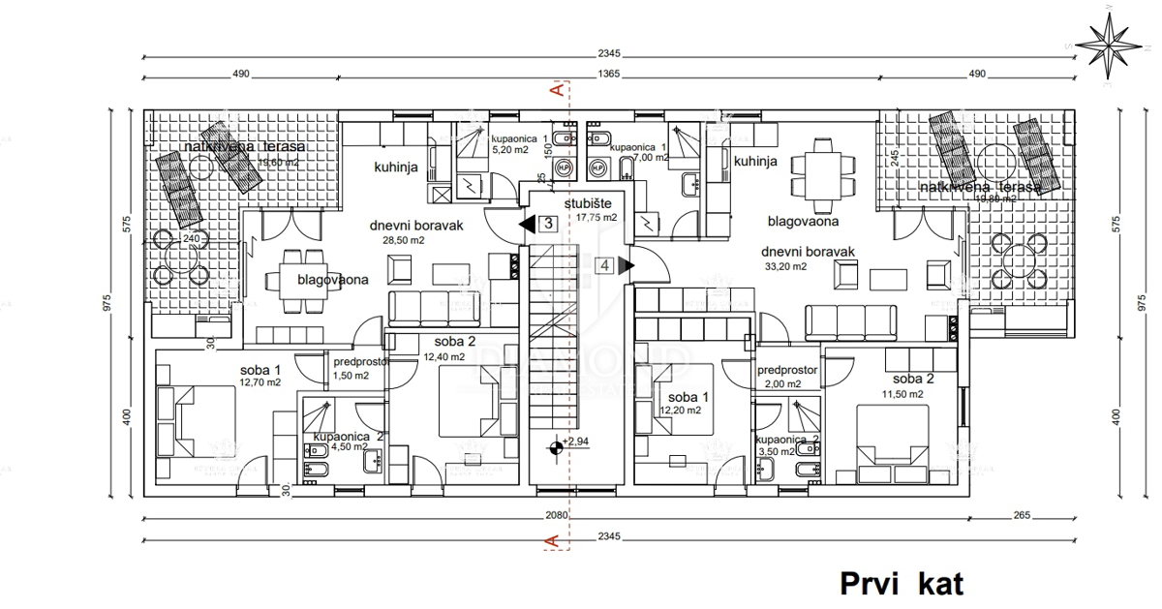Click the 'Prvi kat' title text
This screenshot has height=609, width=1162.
click(x=902, y=584)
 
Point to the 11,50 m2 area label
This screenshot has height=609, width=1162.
click(x=902, y=394)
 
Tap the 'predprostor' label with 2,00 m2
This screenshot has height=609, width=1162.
click(x=787, y=370)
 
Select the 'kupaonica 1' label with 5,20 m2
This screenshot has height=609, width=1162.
click(x=518, y=139)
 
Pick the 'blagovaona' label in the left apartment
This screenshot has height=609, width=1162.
click(x=332, y=280)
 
